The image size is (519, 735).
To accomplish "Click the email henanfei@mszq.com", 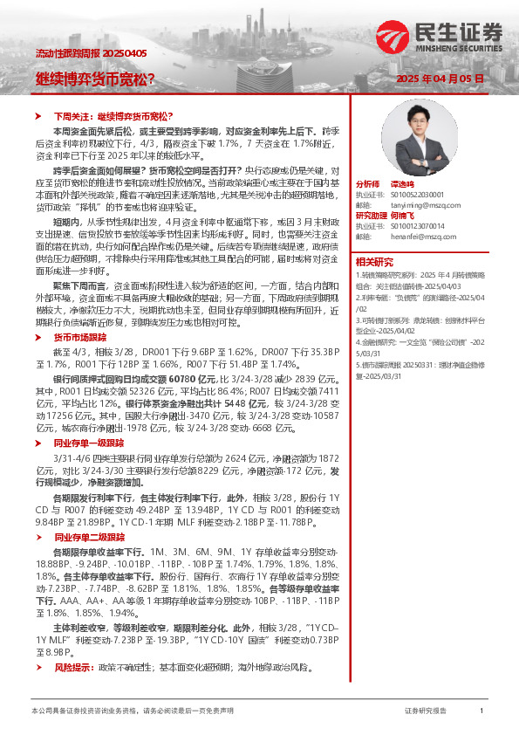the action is (416, 237).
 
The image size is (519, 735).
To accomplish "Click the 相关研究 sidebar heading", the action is (373, 261).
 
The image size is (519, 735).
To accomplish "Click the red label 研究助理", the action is (370, 216).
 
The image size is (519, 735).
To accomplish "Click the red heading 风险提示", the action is (74, 667).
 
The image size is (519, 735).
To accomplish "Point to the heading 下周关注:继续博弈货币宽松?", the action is (104, 115).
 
